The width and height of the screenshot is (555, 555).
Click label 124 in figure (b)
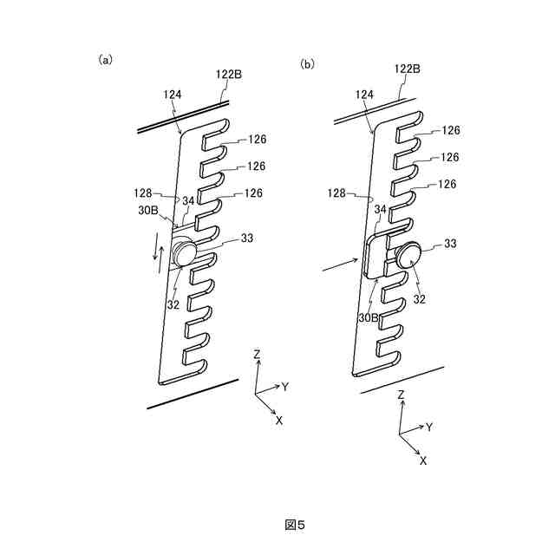pyautogui.click(x=364, y=94)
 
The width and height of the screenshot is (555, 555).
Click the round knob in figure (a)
pyautogui.click(x=184, y=253)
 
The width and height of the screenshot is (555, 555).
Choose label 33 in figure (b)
pyautogui.click(x=449, y=244)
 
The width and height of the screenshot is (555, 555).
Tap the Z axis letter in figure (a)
pyautogui.click(x=257, y=355)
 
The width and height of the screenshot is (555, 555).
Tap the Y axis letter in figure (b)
pyautogui.click(x=429, y=427)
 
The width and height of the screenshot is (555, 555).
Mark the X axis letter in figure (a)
pyautogui.click(x=279, y=420)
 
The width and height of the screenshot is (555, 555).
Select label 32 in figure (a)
pyautogui.click(x=173, y=304)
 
